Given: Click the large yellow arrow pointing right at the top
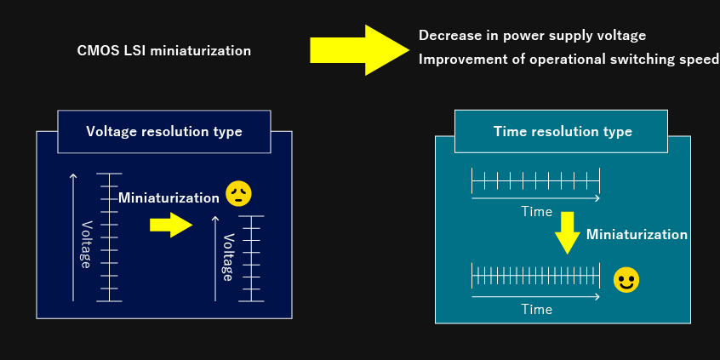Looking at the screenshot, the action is click(x=359, y=50).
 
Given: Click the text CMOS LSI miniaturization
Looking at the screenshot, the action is click(x=164, y=50).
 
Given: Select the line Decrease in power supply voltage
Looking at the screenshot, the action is click(x=532, y=36).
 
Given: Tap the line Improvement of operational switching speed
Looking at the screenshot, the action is click(x=569, y=60).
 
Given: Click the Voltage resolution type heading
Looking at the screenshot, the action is click(x=164, y=132).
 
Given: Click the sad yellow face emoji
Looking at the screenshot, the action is click(x=239, y=194).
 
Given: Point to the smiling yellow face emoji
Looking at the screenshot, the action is click(x=626, y=280).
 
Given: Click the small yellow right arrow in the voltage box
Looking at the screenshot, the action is click(x=171, y=225).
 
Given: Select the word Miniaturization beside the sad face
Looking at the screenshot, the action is click(x=169, y=198).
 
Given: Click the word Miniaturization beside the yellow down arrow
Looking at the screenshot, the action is click(x=637, y=235).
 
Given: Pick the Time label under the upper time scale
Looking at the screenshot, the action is click(x=536, y=212).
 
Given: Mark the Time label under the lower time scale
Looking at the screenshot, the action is click(x=536, y=310).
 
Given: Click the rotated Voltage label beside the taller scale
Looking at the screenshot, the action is click(x=85, y=244).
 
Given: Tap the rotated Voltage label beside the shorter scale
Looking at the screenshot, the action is click(x=228, y=257).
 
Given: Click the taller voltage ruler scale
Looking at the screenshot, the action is click(x=109, y=237).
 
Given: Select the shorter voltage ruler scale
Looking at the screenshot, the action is click(x=251, y=259).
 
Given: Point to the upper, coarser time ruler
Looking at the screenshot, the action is click(x=536, y=180).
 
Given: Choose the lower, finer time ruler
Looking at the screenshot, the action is click(x=536, y=276).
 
